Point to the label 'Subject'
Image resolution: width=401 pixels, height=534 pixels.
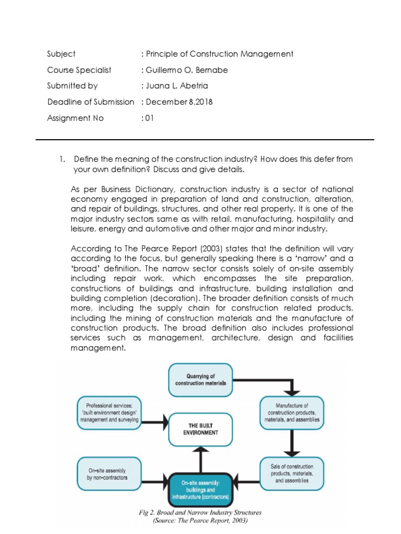point(61,54)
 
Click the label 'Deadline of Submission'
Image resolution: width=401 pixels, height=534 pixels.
point(90,102)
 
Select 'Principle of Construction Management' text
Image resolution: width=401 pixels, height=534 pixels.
point(219,54)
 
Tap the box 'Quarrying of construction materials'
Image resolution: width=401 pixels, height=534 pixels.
point(200,380)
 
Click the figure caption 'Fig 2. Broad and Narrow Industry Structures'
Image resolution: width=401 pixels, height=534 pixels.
point(200,512)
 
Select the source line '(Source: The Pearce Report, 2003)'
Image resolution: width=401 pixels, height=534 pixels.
point(200,520)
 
